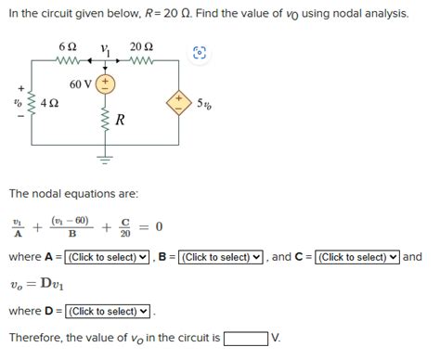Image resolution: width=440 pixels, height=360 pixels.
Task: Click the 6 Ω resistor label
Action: [66, 46]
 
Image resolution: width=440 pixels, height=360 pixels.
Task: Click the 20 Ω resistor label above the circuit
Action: [142, 46]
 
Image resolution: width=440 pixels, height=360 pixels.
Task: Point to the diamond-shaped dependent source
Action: [176, 102]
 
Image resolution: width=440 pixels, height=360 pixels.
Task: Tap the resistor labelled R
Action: [105, 121]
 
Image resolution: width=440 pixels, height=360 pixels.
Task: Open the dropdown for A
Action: [108, 257]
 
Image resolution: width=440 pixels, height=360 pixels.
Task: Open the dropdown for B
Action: [221, 257]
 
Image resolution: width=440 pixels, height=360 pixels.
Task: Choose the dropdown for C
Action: [357, 257]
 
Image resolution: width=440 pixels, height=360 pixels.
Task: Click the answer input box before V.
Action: [245, 338]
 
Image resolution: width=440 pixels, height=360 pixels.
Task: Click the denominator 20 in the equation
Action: [125, 233]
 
